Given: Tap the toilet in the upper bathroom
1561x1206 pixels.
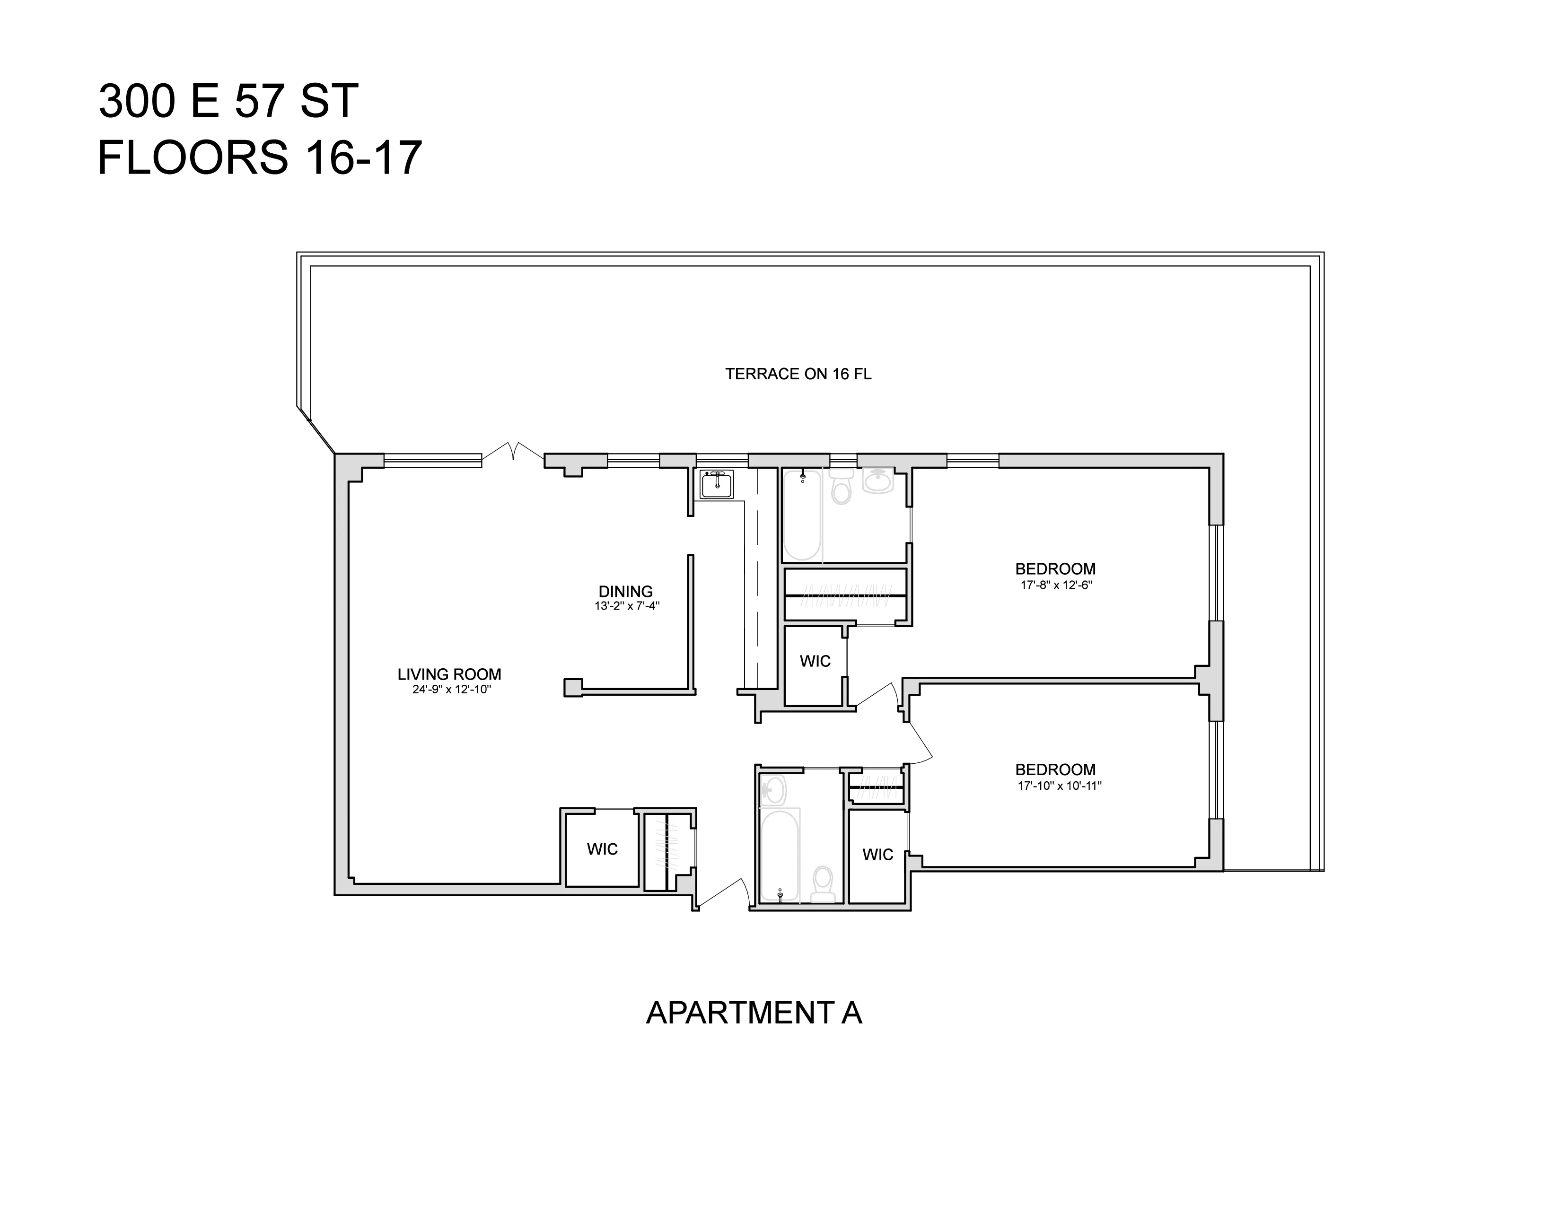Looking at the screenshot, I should (842, 487).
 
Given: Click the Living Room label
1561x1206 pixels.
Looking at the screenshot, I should (449, 674).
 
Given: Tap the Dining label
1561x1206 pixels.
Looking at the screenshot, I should (625, 592).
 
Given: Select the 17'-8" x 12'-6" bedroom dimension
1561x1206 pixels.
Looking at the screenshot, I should (1056, 585).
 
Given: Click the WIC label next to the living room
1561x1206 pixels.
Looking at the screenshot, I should (602, 849).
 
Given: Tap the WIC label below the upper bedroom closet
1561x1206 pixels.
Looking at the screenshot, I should (815, 661).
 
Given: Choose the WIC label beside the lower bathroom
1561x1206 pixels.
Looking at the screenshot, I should (877, 855).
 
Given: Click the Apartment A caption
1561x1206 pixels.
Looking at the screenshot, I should (754, 1013).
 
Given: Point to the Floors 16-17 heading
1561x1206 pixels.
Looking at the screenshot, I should (259, 158).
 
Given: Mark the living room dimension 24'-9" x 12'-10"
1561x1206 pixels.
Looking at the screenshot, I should (451, 690).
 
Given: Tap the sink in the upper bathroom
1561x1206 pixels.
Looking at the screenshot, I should (877, 481).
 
